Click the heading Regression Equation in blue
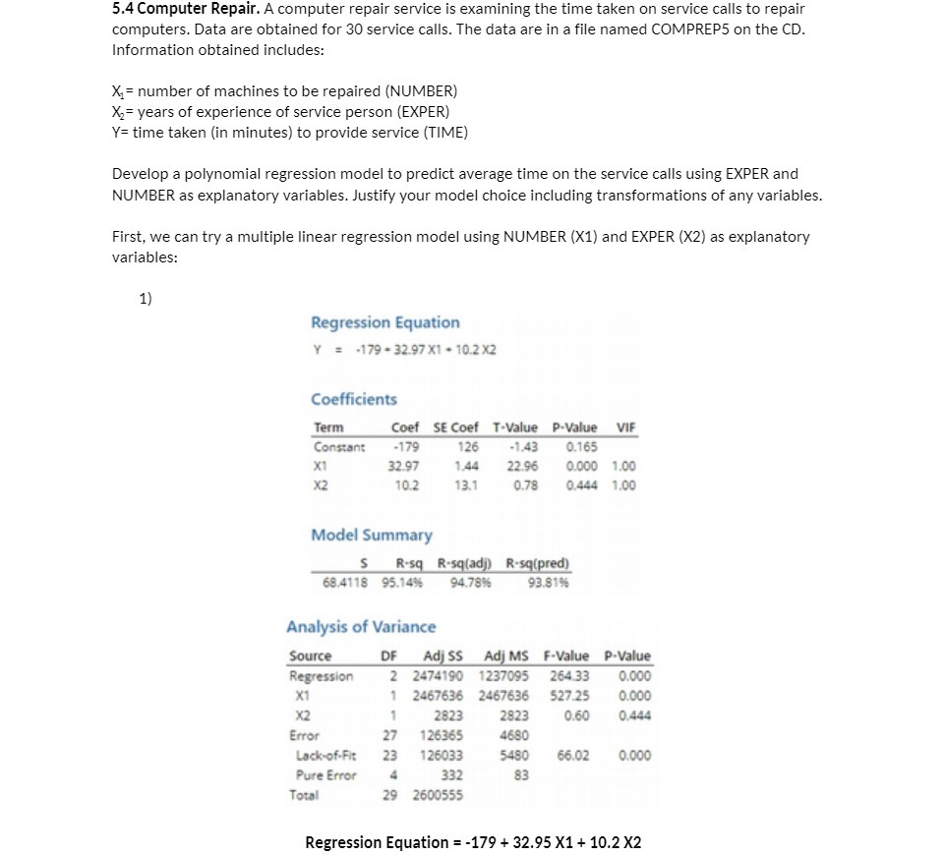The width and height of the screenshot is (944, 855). tap(384, 322)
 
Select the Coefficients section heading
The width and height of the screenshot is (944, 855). tap(354, 399)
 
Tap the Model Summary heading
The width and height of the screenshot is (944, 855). tap(372, 535)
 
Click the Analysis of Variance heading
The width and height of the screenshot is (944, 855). tap(361, 626)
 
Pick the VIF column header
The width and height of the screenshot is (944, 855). tap(625, 427)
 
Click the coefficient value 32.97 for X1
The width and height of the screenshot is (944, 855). tap(405, 466)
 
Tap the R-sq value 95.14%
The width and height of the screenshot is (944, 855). tap(408, 582)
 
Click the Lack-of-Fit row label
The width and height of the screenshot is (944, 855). tap(325, 755)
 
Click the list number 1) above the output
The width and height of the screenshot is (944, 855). tap(146, 299)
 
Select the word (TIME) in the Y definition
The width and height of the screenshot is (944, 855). tap(446, 132)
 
